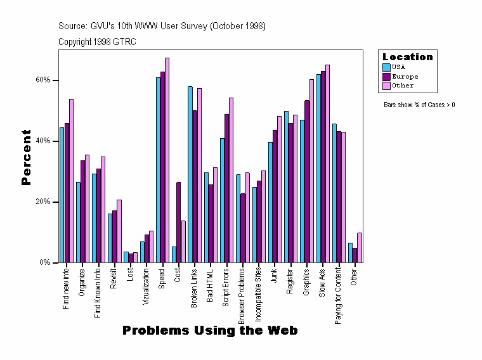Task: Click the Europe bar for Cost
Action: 178,222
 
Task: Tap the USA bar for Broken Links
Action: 190,174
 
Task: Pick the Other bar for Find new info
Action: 71,181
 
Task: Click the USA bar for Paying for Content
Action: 334,193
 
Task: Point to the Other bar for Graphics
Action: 311,171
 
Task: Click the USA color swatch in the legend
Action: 386,67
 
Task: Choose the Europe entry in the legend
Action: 405,76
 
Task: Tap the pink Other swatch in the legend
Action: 386,86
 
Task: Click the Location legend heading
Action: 407,57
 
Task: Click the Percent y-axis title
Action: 26,157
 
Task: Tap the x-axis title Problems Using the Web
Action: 210,331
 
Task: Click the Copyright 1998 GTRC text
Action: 97,42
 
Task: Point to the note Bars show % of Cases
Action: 419,105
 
